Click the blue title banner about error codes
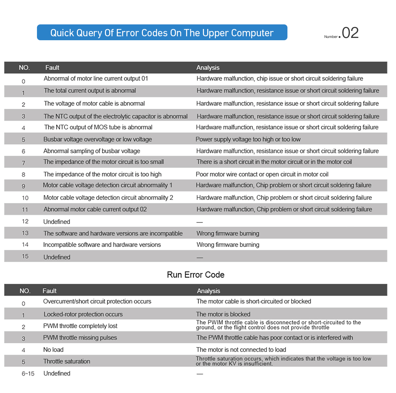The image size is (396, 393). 162,33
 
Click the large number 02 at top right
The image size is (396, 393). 350,33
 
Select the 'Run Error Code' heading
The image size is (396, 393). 195,275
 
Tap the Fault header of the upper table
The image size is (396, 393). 52,68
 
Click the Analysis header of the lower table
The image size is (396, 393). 208,291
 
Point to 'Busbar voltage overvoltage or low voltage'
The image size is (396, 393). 98,139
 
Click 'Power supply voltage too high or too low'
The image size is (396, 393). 248,139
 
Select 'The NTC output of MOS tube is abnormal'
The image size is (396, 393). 98,127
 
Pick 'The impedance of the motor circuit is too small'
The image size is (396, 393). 104,162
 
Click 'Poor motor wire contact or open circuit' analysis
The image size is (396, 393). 262,174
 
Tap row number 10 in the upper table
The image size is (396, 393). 25,198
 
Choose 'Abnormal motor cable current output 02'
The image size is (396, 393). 95,209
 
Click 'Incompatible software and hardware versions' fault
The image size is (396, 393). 102,245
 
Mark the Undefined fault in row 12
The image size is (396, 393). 57,222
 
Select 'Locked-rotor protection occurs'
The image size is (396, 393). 83,314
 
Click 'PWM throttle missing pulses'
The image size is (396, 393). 80,338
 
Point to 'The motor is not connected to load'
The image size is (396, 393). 241,349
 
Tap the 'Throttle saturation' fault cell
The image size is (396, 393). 67,361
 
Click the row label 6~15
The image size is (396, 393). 28,374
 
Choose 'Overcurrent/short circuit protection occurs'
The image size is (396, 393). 97,301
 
